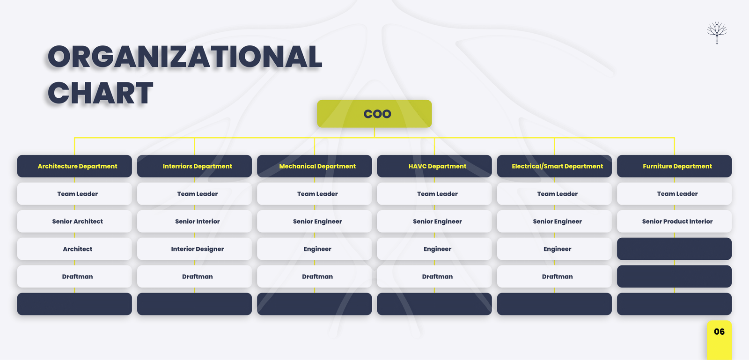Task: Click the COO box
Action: point(374,114)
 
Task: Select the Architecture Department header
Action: point(74,166)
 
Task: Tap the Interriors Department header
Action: point(194,166)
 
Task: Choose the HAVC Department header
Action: point(434,166)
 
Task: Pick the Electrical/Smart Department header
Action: point(554,166)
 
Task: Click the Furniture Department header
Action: point(675,166)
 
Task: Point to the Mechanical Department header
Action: point(314,166)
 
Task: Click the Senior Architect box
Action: point(74,221)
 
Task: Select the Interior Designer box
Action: point(194,249)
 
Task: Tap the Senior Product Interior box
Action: point(675,221)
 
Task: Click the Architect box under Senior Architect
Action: point(74,249)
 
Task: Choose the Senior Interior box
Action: point(194,221)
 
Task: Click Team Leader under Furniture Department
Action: point(675,194)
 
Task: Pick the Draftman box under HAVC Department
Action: point(434,276)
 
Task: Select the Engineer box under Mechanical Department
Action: point(314,249)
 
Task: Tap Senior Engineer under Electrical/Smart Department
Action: point(554,221)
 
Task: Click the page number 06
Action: point(719,331)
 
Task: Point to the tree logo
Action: point(717,33)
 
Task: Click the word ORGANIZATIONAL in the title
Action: point(185,57)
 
